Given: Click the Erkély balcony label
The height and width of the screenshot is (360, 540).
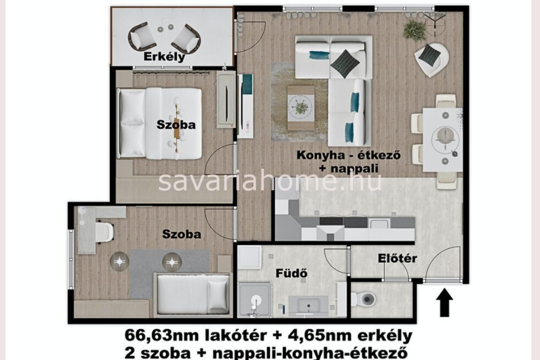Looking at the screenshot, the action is [164, 56].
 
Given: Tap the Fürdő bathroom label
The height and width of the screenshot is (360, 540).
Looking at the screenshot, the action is [291, 273].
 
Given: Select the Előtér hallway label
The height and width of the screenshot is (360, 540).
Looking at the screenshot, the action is [398, 258].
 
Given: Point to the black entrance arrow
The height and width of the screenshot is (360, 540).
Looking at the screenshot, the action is [445, 302].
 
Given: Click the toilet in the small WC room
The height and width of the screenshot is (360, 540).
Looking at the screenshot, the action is [364, 299].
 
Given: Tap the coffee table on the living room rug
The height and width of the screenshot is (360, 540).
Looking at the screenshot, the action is [301, 108].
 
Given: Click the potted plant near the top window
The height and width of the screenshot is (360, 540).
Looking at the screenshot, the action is [414, 30].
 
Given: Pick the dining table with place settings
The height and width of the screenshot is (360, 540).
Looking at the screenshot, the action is [442, 140].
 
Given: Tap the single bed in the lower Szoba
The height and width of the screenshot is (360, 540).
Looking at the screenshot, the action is [192, 295].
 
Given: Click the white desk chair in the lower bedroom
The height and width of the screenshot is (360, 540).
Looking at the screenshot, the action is [104, 232].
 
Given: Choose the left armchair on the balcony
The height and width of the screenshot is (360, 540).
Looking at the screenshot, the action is [141, 36].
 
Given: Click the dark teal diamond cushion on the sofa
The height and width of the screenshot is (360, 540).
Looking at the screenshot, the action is [345, 63].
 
